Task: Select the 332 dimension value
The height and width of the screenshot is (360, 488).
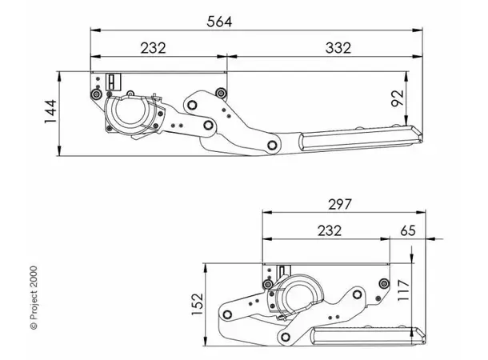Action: point(336,47)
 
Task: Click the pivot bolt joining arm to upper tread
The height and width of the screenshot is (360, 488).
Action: point(272,145)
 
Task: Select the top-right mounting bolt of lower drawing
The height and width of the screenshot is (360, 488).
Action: point(385,283)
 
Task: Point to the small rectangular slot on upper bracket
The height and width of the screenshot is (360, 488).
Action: point(113,80)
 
